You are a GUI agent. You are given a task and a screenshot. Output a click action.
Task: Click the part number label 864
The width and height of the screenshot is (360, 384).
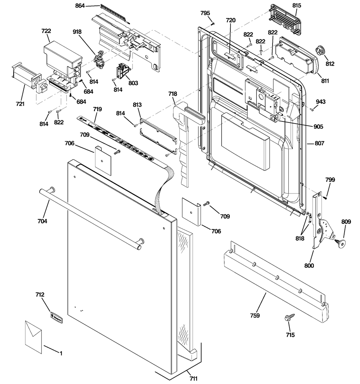point(80,5)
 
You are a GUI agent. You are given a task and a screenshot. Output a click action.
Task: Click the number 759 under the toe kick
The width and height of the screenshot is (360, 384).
point(255,316)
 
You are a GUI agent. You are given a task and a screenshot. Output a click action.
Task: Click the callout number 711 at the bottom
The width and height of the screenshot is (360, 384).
point(193,379)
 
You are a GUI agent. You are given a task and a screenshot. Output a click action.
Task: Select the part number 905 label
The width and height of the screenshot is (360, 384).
point(318,126)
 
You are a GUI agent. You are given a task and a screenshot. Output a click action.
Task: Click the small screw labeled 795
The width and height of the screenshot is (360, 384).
point(212,23)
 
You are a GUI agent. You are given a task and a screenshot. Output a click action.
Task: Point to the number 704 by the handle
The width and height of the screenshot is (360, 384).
point(42,221)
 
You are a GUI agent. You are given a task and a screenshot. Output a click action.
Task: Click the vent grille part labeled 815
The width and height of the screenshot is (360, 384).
point(285,21)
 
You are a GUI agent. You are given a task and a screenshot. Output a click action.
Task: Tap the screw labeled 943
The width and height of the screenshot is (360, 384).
point(312,110)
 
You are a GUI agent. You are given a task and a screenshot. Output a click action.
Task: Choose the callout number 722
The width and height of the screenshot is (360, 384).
point(46,31)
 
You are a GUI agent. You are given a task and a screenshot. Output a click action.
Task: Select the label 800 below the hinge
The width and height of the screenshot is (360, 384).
point(309,265)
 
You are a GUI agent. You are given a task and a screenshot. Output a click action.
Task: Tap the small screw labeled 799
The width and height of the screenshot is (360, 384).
point(325,198)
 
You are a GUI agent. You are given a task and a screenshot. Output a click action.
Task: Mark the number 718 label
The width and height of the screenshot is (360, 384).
point(172,94)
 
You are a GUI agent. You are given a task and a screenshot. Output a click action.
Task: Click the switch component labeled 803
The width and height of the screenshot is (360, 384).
point(123,71)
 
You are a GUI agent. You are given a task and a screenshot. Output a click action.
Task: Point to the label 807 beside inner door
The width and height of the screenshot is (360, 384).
point(319,143)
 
